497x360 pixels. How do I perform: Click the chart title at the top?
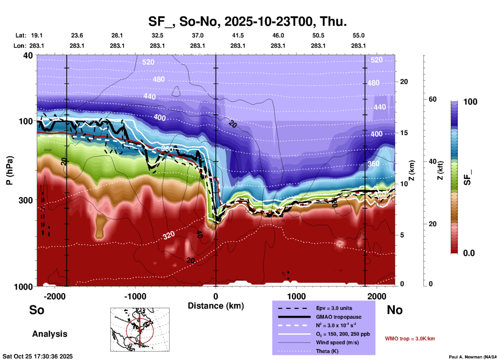[x=247, y=21]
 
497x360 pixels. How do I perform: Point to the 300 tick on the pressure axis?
[x=25, y=200]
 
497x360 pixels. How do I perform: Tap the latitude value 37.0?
[x=197, y=35]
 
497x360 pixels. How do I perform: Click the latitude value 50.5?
[x=318, y=35]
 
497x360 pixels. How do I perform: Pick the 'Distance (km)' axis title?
[x=216, y=306]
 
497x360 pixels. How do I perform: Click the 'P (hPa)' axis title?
[x=10, y=170]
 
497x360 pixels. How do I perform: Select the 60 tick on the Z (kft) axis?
[x=432, y=99]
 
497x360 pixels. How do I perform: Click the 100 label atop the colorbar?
[x=470, y=102]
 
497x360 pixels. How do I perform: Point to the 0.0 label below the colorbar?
[x=469, y=253]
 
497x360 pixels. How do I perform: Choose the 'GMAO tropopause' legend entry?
[x=339, y=317]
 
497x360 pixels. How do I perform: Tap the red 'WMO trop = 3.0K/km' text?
[x=410, y=339]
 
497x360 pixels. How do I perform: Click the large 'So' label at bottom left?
[x=37, y=310]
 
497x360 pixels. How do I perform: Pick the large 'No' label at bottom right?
[x=395, y=310]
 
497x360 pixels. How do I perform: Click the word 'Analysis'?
[x=50, y=334]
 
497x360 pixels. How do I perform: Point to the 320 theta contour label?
[x=169, y=235]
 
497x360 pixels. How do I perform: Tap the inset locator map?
[x=140, y=329]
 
